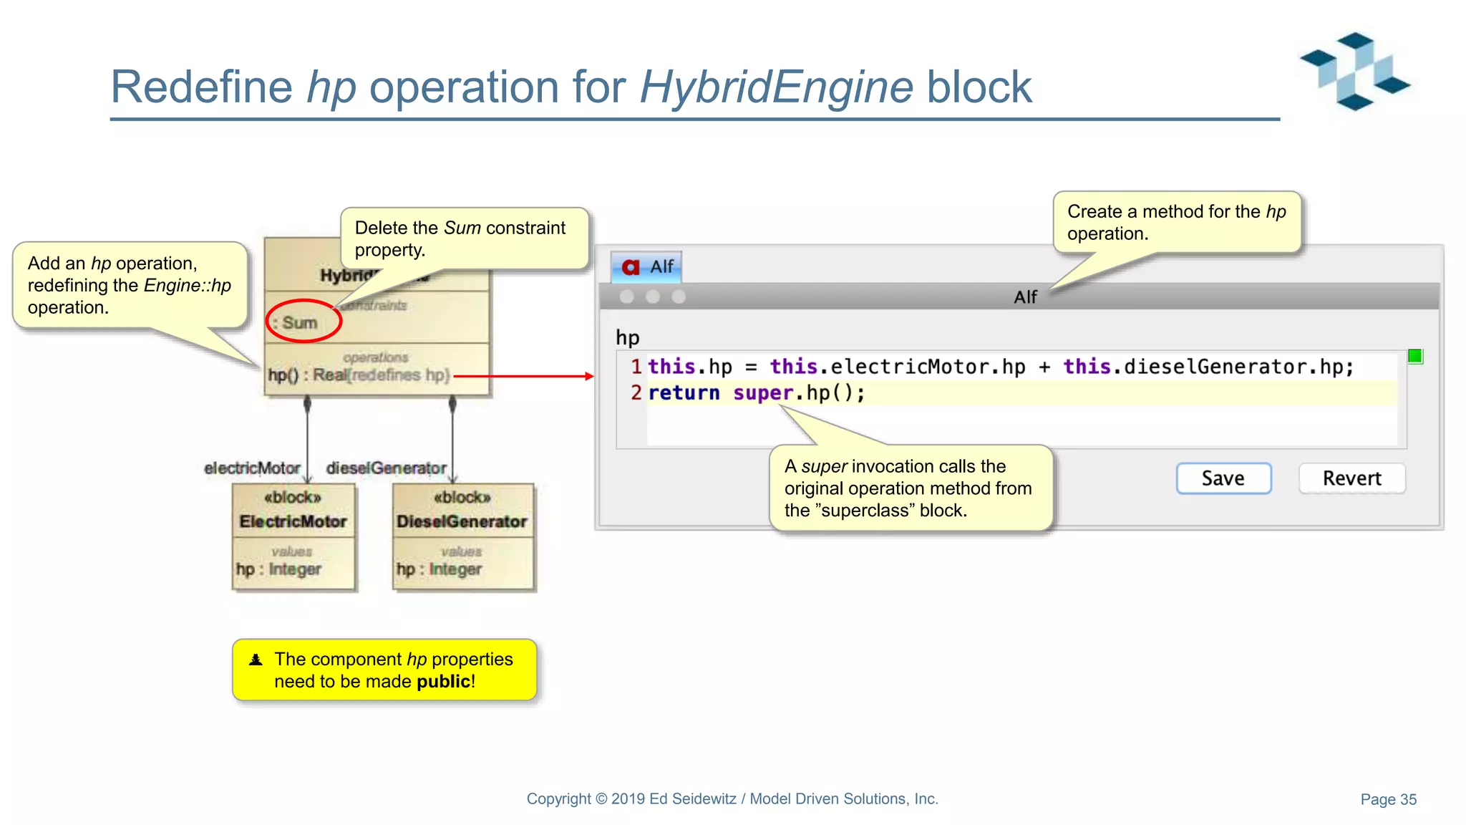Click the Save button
pyautogui.click(x=1223, y=478)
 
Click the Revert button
pyautogui.click(x=1351, y=478)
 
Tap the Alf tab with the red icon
pyautogui.click(x=646, y=267)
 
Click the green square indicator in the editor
pyautogui.click(x=1414, y=356)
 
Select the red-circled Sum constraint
pyautogui.click(x=301, y=322)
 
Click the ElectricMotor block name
pyautogui.click(x=293, y=521)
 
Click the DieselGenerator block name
pyautogui.click(x=462, y=521)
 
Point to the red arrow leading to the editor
pyautogui.click(x=523, y=376)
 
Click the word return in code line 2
pyautogui.click(x=684, y=393)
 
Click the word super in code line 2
pyautogui.click(x=762, y=393)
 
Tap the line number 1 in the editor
pyautogui.click(x=636, y=367)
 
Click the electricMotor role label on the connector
pyautogui.click(x=252, y=468)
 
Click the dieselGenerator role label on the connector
pyautogui.click(x=386, y=468)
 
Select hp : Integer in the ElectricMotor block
pyautogui.click(x=278, y=569)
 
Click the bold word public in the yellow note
pyautogui.click(x=443, y=681)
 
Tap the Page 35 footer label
pyautogui.click(x=1388, y=799)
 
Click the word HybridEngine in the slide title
pyautogui.click(x=776, y=87)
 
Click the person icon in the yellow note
pyautogui.click(x=256, y=660)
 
